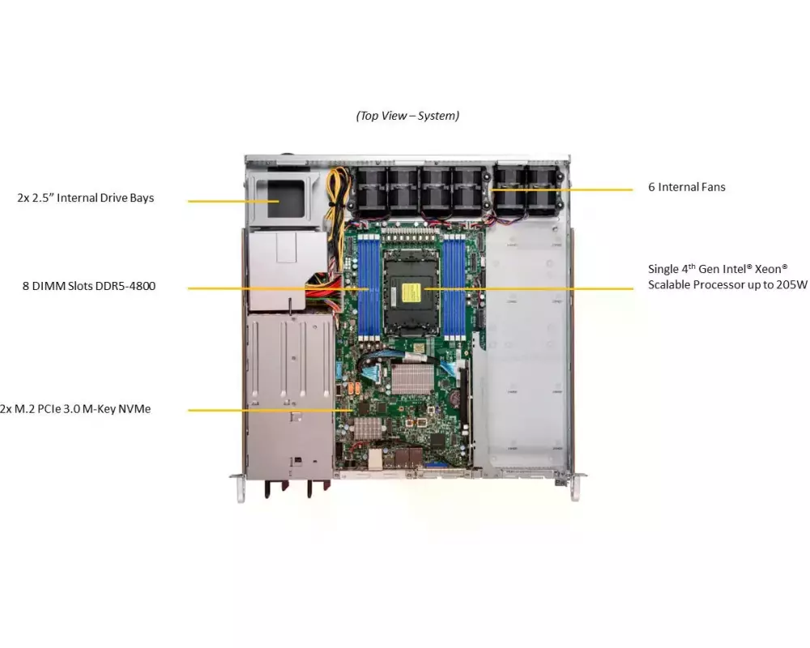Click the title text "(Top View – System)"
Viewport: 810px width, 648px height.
click(407, 116)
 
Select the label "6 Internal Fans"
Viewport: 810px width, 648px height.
click(687, 187)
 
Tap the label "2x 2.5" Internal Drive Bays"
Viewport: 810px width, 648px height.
click(85, 198)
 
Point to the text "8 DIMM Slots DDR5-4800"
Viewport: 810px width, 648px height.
click(89, 286)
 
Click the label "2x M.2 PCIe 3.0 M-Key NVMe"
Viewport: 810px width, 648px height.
click(75, 409)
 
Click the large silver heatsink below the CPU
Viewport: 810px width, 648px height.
click(412, 378)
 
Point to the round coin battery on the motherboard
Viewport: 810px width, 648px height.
click(455, 397)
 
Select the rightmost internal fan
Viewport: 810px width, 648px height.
click(542, 193)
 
